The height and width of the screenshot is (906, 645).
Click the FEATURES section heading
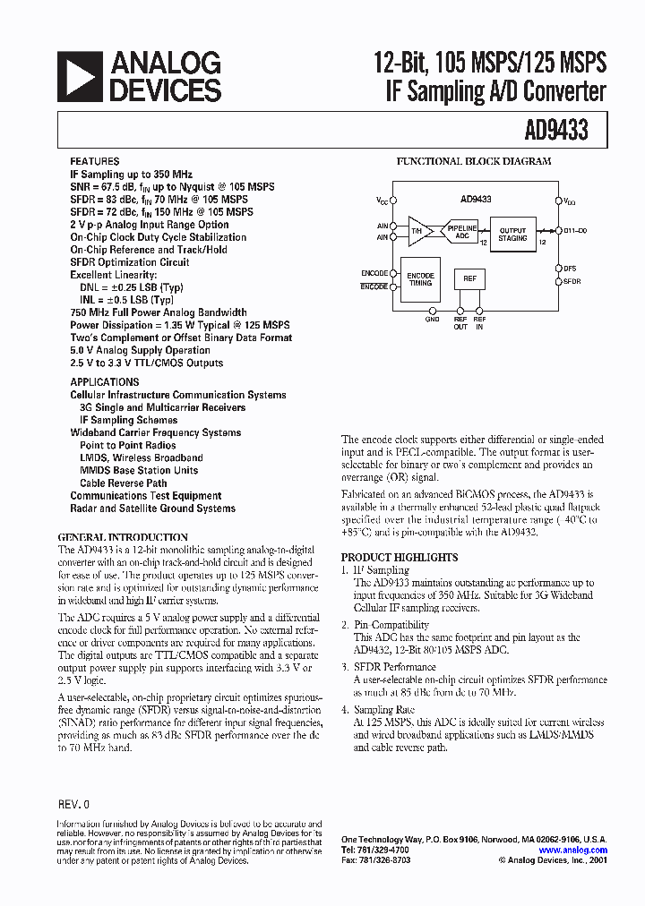pos(93,162)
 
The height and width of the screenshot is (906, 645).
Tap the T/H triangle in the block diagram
pos(417,231)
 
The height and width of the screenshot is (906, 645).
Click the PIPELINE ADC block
pos(462,232)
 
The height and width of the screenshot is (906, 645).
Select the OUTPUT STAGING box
pos(512,235)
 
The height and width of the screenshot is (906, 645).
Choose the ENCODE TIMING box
pos(420,280)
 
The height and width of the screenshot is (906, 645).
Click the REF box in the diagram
pos(469,279)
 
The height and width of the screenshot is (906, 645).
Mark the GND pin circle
pos(432,308)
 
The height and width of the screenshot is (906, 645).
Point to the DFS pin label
pos(571,268)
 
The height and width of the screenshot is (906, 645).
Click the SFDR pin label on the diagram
pos(572,281)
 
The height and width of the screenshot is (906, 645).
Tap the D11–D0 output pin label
pos(574,230)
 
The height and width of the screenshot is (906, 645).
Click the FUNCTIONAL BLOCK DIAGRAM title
pos(474,162)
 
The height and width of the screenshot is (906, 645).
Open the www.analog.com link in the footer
pos(573,850)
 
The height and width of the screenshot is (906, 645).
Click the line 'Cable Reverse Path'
pos(124,483)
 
